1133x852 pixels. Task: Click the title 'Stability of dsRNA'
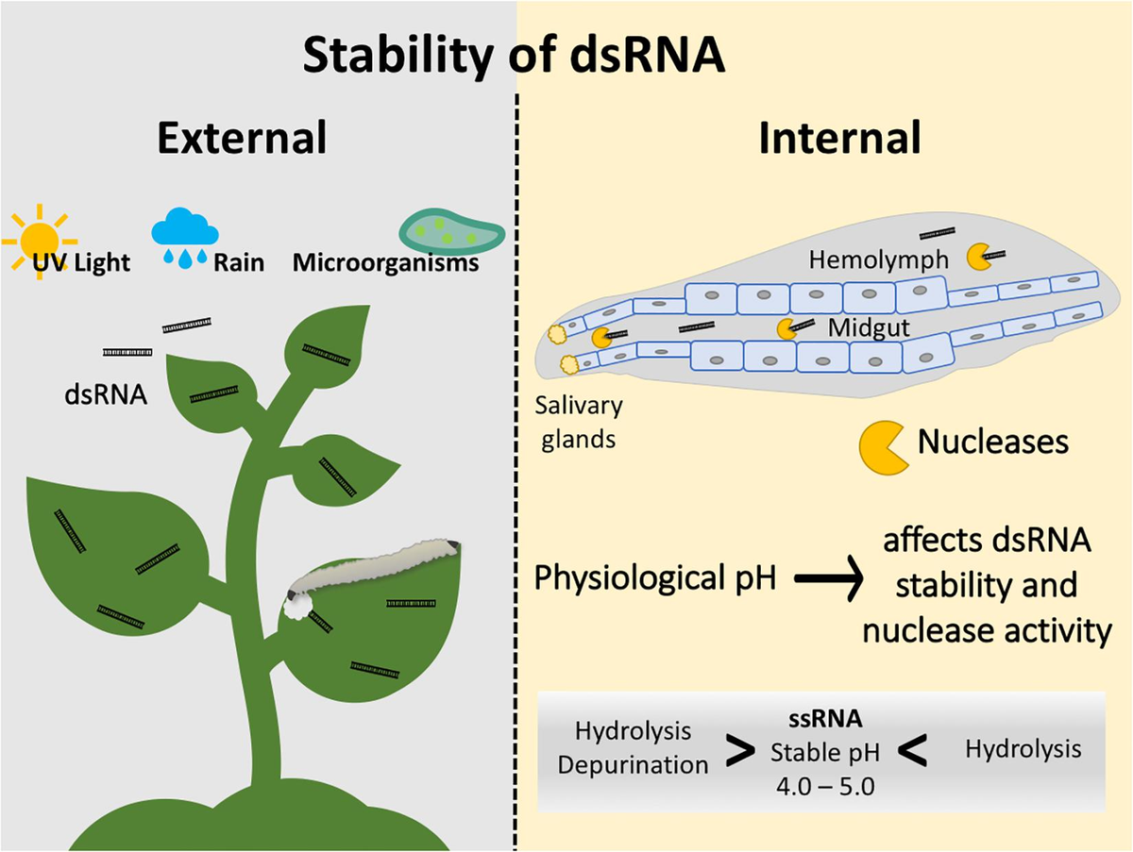point(515,56)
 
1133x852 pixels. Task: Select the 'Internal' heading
point(839,138)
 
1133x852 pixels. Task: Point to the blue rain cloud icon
point(185,231)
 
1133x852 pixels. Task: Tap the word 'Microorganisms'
point(385,262)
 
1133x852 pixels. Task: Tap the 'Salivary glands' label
point(581,422)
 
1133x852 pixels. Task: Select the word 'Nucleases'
point(993,441)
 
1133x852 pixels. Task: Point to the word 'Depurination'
point(633,764)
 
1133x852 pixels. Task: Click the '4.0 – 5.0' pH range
point(825,784)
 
